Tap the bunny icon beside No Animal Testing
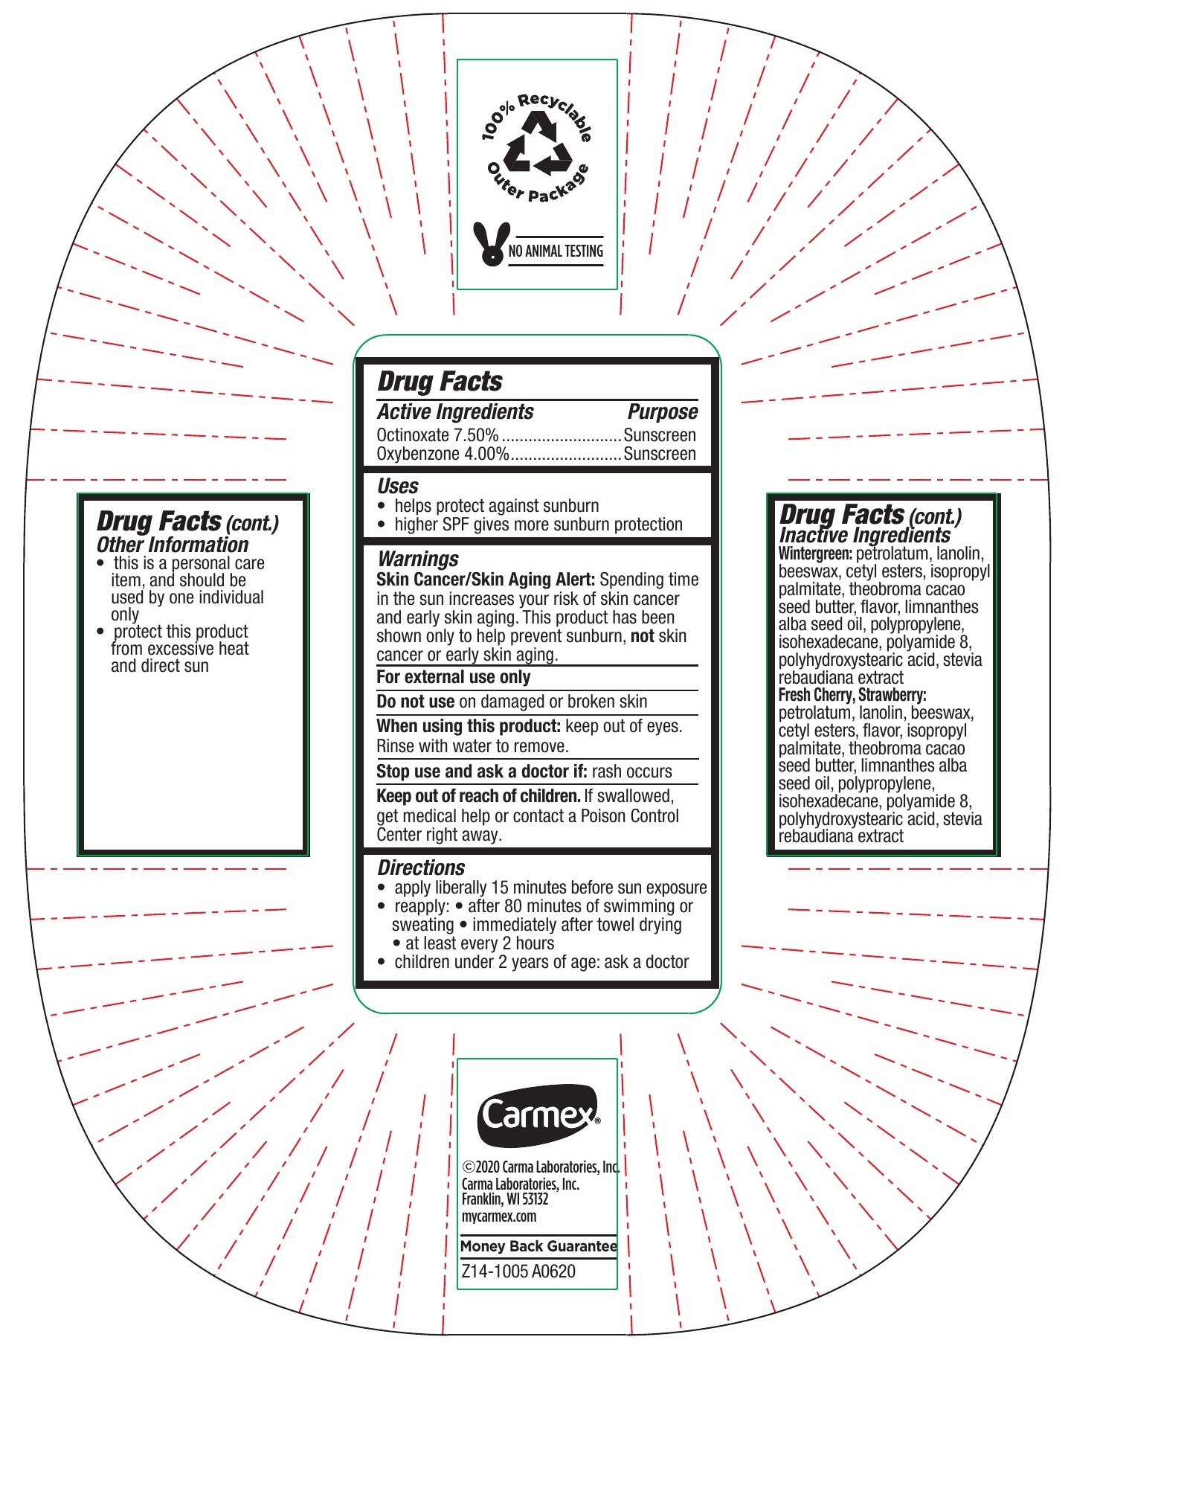[x=491, y=244]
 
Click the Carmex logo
[x=538, y=1115]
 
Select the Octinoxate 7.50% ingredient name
[x=437, y=435]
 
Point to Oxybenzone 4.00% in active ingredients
[x=443, y=454]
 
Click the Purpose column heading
[x=662, y=411]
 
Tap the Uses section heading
[x=398, y=486]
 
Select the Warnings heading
[x=418, y=559]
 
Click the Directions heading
[x=421, y=868]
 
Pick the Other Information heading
[x=173, y=545]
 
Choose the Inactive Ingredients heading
[x=864, y=535]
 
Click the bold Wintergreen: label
[x=815, y=554]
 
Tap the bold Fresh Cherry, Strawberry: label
[x=852, y=695]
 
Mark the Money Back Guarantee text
[x=538, y=1246]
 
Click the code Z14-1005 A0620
[x=518, y=1271]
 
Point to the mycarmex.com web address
[x=499, y=1216]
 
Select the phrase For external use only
[x=453, y=677]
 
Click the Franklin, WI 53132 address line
[x=504, y=1199]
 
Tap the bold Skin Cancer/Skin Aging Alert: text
[x=485, y=580]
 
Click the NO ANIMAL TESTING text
[x=556, y=251]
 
